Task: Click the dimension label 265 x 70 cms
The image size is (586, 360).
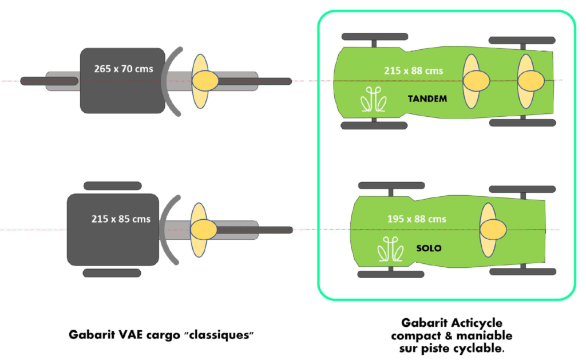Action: click(x=124, y=69)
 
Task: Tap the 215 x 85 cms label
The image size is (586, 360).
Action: click(x=121, y=219)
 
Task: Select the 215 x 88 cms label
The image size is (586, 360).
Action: click(x=414, y=71)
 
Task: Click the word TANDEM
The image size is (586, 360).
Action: click(x=427, y=99)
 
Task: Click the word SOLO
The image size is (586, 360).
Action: click(x=429, y=249)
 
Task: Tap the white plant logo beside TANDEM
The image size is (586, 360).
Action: click(x=373, y=101)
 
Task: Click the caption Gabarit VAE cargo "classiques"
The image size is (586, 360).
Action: click(x=161, y=334)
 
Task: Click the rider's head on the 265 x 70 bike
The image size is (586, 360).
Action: click(x=204, y=81)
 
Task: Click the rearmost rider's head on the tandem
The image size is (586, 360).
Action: click(x=533, y=81)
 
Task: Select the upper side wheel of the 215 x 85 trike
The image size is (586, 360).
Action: click(x=112, y=186)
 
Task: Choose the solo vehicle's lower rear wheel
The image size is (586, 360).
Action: click(x=522, y=272)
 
